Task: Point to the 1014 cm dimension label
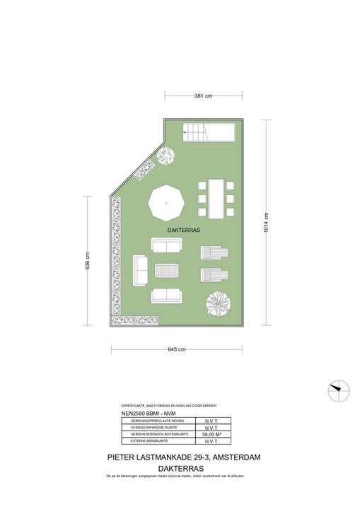(267, 223)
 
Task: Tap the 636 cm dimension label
(87, 262)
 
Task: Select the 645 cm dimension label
(177, 349)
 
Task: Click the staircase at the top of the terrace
(209, 131)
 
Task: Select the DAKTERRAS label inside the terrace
(184, 230)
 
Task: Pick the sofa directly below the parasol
(166, 245)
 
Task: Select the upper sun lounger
(213, 253)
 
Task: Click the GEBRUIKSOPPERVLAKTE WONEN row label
(152, 421)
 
